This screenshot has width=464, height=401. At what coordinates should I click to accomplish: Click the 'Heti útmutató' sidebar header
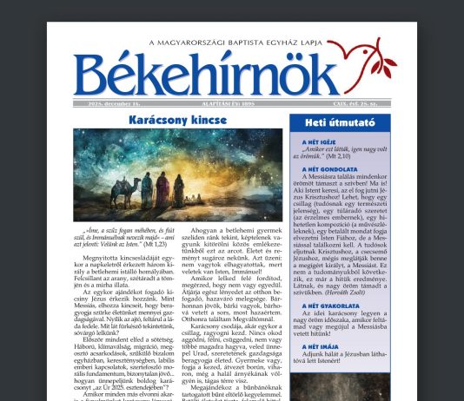(x=340, y=123)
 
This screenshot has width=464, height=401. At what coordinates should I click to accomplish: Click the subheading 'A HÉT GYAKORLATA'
(x=329, y=306)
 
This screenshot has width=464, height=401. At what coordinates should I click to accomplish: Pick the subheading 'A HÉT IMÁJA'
(x=318, y=345)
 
